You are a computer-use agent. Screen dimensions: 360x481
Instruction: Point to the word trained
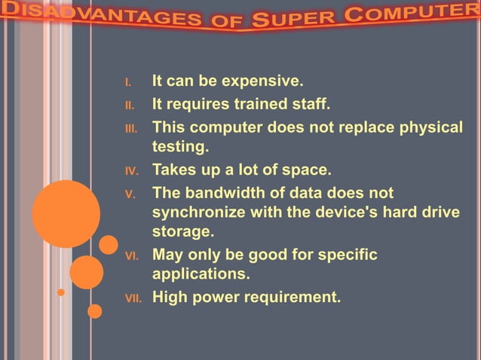pos(250,104)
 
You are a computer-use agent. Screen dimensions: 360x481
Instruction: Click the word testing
pos(180,145)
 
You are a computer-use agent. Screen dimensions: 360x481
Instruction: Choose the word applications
pos(201,273)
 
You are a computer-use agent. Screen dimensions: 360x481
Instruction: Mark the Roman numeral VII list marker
pos(132,298)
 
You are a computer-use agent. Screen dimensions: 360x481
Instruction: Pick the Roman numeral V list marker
pos(130,194)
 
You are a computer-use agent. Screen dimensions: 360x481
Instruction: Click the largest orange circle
pos(66,214)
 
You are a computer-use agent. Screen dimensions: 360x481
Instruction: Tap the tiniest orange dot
pos(61,292)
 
